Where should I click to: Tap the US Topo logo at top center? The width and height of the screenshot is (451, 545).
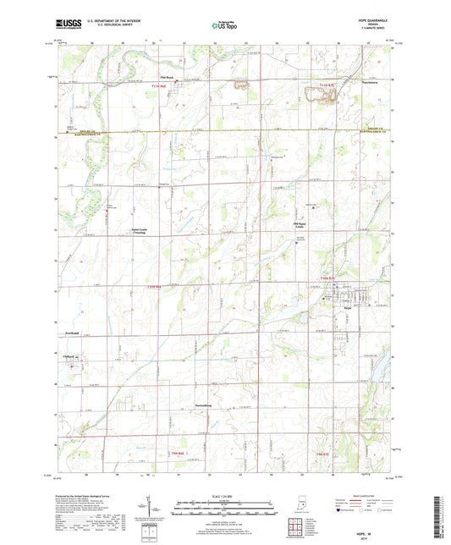[224, 27]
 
